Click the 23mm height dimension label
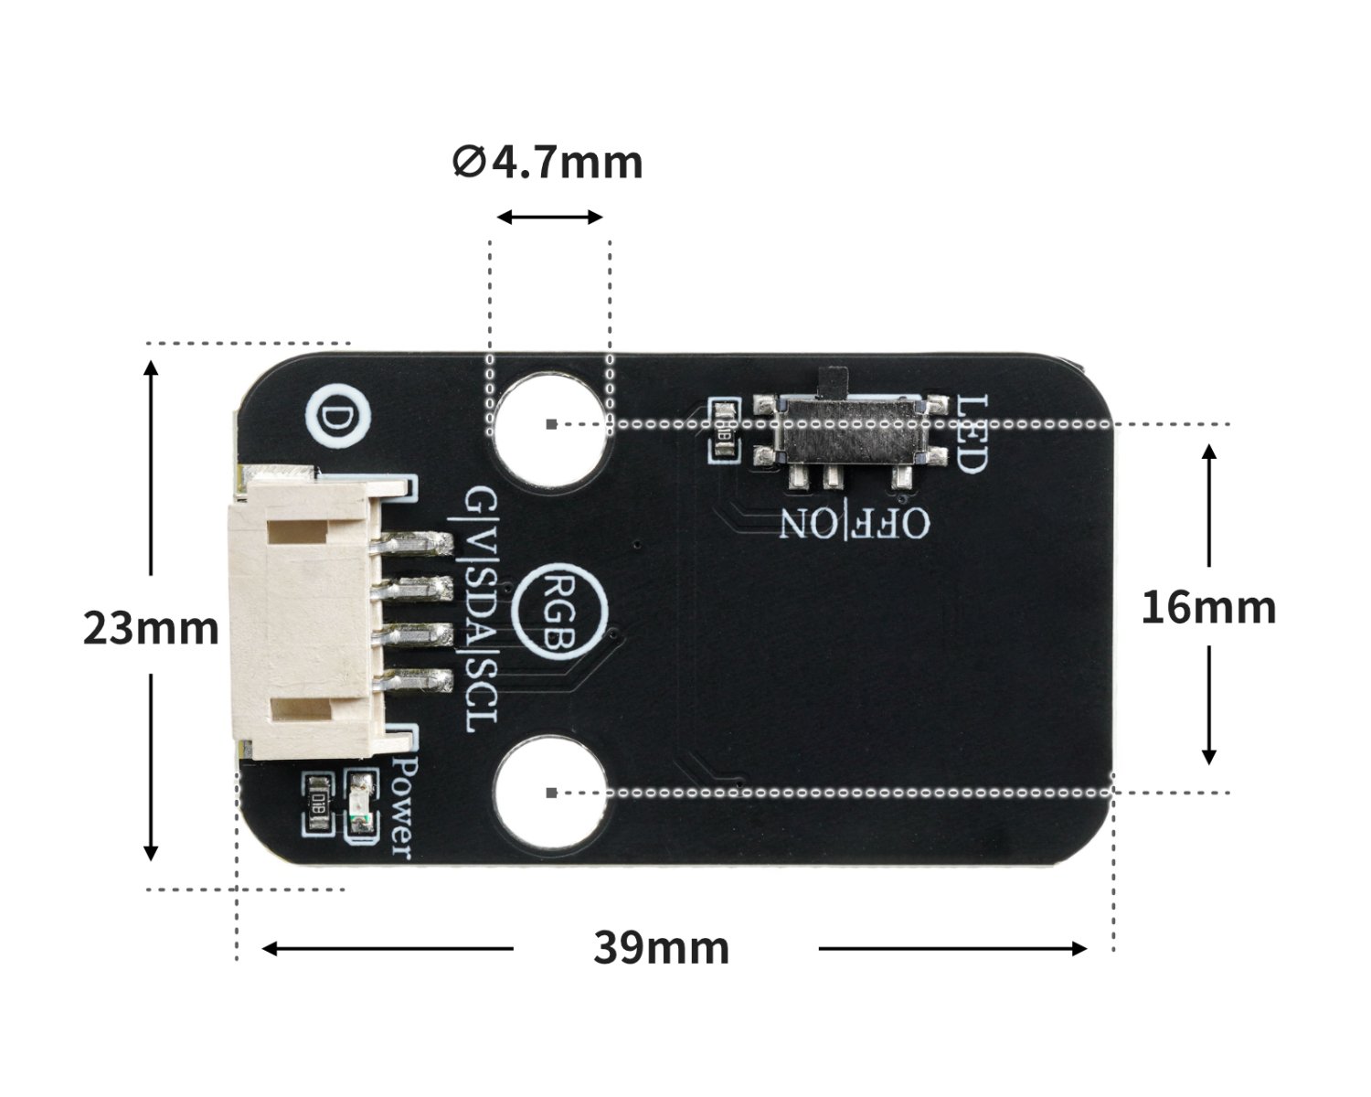point(151,629)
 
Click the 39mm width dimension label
point(661,948)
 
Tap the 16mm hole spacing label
point(1207,608)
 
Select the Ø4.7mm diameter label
point(547,163)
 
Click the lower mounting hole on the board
point(551,792)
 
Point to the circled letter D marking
point(339,419)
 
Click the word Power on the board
point(401,804)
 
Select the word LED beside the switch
point(971,433)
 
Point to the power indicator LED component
point(361,803)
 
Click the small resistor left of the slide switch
point(726,431)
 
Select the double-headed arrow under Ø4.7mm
point(549,218)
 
